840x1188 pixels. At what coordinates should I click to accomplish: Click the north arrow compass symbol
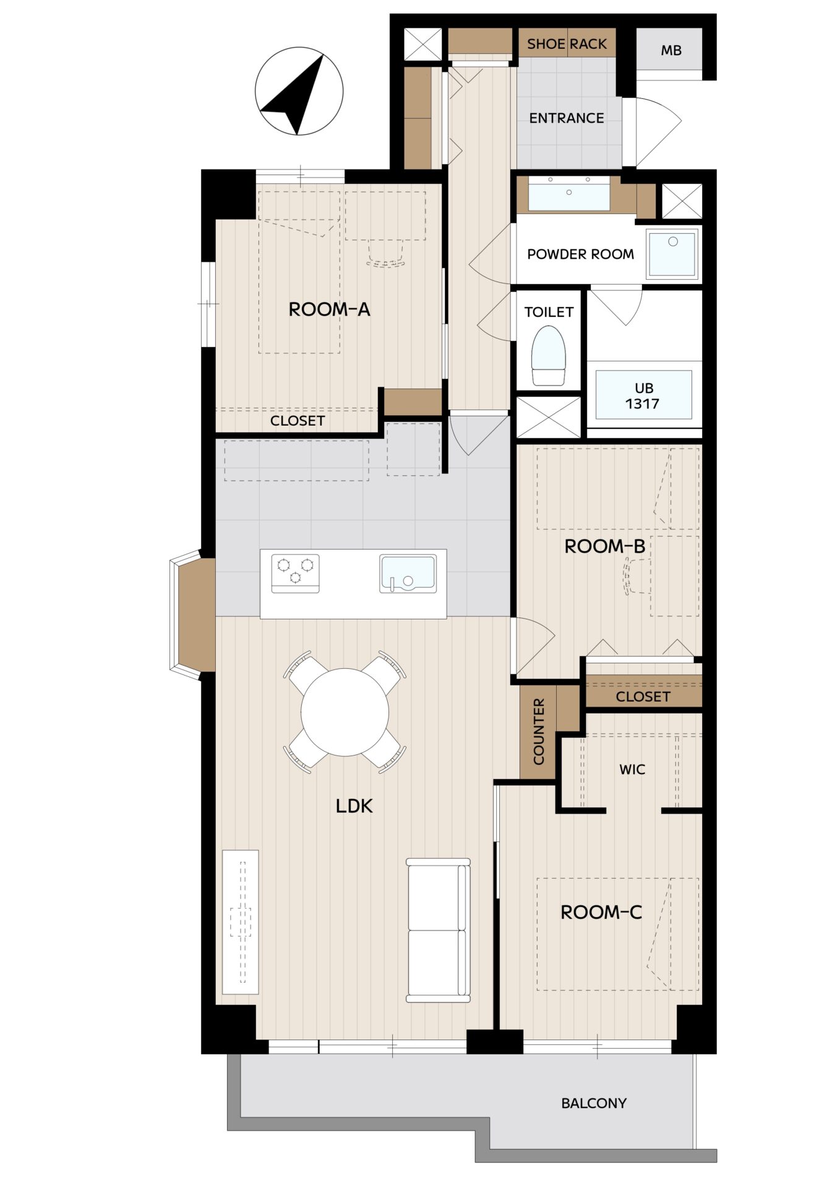(299, 91)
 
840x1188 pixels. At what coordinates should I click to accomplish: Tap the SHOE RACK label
(567, 44)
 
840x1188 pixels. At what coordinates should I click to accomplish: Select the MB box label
(671, 50)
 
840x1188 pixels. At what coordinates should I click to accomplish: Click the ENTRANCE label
(566, 118)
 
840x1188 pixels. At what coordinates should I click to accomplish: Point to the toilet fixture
(549, 356)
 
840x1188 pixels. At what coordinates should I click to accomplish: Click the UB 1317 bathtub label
(643, 396)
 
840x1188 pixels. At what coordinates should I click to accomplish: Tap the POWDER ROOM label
(580, 254)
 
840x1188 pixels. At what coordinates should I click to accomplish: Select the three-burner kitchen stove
(296, 573)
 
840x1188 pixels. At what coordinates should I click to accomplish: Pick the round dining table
(345, 712)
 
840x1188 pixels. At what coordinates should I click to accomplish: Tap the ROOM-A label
(329, 309)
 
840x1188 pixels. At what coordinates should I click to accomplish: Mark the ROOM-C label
(601, 911)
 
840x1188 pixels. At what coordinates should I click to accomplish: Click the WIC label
(632, 769)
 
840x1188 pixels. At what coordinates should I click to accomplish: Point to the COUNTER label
(538, 731)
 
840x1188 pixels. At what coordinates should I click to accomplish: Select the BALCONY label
(594, 1103)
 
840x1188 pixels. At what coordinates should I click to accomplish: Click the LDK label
(354, 806)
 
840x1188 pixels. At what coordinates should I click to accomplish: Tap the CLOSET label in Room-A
(298, 421)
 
